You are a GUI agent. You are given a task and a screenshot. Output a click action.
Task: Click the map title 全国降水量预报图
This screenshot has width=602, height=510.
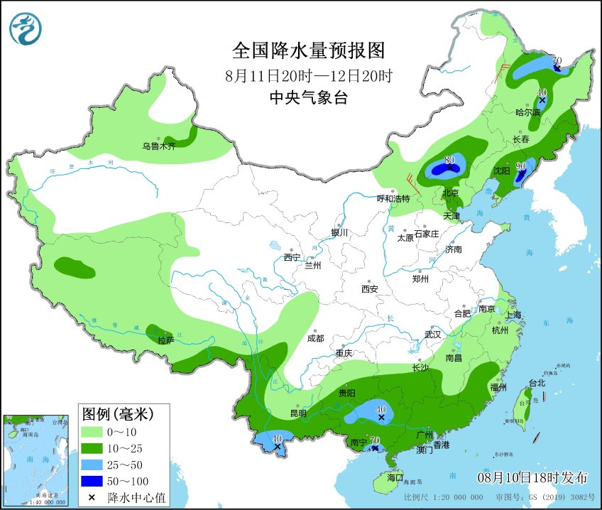[x=308, y=50]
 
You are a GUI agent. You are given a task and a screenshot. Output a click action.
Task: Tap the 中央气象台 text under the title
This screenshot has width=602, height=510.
[x=308, y=99]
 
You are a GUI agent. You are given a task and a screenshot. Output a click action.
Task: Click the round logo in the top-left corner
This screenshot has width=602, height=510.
[x=26, y=28]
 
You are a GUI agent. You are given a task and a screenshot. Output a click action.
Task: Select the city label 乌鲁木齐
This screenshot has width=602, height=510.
[x=158, y=146]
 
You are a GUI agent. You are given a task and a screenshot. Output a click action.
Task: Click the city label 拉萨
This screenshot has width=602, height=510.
[x=165, y=340]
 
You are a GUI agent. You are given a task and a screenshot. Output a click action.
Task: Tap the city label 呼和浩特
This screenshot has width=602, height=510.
[x=393, y=198]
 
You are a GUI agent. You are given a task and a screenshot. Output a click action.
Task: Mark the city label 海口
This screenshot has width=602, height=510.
[x=394, y=478]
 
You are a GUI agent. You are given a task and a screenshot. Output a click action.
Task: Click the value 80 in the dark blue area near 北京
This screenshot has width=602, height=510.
[x=449, y=160]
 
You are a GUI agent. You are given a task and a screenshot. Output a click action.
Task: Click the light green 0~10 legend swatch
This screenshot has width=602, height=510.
[x=92, y=431]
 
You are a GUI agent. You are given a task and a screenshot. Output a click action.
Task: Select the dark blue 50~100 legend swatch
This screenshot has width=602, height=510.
[x=92, y=481]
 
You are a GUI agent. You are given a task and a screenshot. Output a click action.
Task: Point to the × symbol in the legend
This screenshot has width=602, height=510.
[x=92, y=497]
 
